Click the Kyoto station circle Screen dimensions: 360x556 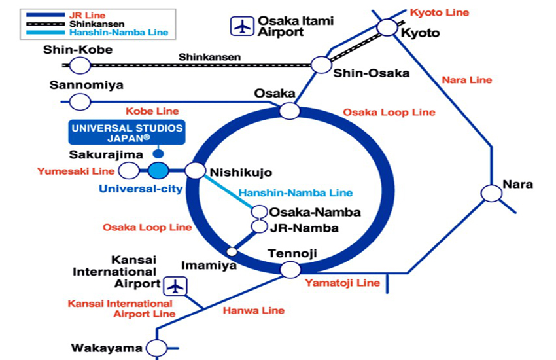[x=387, y=27]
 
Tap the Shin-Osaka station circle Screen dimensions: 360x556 [x=321, y=65]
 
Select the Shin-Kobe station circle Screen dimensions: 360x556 [x=80, y=65]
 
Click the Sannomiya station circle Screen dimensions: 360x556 [x=80, y=101]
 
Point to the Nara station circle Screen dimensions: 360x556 [x=491, y=193]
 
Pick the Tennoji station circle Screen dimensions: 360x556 [x=290, y=268]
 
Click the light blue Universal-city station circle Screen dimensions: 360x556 [x=158, y=171]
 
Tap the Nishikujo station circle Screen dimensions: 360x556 [x=195, y=171]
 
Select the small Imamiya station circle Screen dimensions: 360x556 [x=232, y=251]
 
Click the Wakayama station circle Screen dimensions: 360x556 [x=156, y=348]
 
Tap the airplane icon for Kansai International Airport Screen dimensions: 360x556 [x=175, y=285]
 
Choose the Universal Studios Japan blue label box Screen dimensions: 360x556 [x=126, y=133]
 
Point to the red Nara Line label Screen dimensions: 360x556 [x=466, y=80]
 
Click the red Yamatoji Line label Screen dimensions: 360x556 [x=342, y=283]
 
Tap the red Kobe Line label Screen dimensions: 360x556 [x=152, y=111]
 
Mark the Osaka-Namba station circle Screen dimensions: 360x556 [x=260, y=212]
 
